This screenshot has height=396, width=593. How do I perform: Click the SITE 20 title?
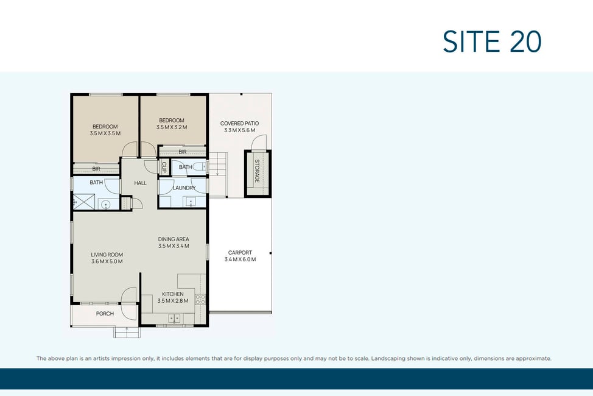(492, 41)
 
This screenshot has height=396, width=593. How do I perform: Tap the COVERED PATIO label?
(239, 124)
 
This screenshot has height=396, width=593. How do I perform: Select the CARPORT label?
(240, 252)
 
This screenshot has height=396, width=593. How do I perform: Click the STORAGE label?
(257, 171)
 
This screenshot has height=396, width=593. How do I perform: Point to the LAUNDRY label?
(184, 188)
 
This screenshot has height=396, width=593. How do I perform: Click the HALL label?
(140, 183)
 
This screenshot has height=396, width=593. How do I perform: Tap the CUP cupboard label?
(164, 167)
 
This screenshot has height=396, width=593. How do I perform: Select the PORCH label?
(105, 314)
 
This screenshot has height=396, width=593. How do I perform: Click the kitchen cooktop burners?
(200, 300)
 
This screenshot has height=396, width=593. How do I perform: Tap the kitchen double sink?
(174, 318)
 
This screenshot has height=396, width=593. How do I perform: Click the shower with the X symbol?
(84, 202)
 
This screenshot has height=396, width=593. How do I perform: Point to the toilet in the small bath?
(199, 166)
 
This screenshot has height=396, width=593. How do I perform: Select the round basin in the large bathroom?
(106, 205)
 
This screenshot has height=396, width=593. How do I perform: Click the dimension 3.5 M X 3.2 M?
(172, 127)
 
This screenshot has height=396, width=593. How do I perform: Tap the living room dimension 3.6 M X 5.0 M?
(107, 261)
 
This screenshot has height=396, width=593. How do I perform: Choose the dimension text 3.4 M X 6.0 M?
(240, 260)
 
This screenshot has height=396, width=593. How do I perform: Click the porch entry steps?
(127, 332)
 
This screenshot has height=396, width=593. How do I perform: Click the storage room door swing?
(259, 142)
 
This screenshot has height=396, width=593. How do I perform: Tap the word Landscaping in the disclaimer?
(390, 358)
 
